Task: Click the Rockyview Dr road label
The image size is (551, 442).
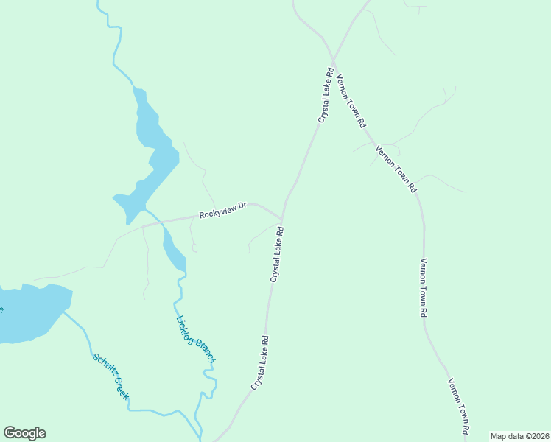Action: [x=222, y=210]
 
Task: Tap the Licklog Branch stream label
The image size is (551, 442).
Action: [x=195, y=339]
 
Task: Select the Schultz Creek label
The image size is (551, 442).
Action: [x=111, y=376]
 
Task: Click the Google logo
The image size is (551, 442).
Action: [x=24, y=433]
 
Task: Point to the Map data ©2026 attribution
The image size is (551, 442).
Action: [x=519, y=436]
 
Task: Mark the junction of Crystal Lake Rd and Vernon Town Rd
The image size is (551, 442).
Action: [x=333, y=61]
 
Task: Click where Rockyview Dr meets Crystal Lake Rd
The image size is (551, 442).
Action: [x=281, y=220]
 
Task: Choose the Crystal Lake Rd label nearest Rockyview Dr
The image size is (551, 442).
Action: [x=277, y=255]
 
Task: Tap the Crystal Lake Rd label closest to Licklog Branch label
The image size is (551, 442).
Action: [x=259, y=363]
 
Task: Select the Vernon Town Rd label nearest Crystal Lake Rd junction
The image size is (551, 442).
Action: [x=351, y=101]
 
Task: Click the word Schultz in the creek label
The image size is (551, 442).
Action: [x=103, y=367]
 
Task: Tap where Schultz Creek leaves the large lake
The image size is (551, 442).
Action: [x=64, y=312]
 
